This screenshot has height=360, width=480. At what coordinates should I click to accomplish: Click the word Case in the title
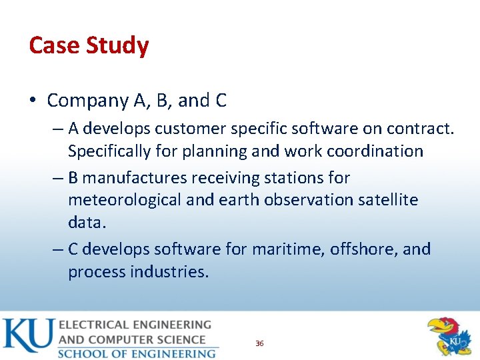[52, 46]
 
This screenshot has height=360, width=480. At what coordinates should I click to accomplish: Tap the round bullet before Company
[33, 101]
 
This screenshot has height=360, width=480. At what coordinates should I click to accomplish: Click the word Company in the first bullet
[87, 101]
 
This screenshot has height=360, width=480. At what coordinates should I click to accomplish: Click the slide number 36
[259, 343]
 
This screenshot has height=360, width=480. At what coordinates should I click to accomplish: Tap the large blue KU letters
[28, 335]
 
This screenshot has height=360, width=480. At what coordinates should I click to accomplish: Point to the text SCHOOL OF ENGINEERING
[137, 353]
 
